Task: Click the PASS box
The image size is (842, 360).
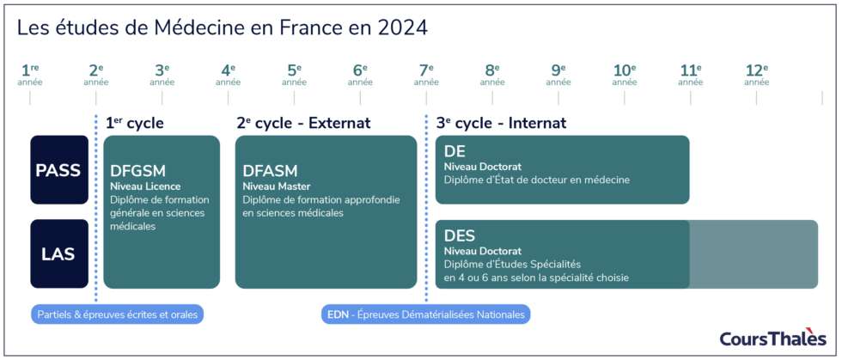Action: click(x=59, y=170)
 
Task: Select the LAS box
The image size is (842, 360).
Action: click(x=59, y=254)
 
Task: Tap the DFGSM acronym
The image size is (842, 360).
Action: click(x=138, y=171)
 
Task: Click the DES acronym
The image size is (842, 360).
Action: click(x=460, y=235)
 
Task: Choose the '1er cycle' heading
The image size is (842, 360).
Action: click(x=134, y=123)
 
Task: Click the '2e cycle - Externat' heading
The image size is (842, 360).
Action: click(x=303, y=123)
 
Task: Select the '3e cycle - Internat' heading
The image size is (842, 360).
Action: click(x=501, y=123)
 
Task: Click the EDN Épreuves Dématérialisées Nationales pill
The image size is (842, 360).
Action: click(x=426, y=314)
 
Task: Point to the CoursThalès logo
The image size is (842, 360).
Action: click(x=772, y=338)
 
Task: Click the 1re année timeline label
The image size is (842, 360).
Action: click(x=30, y=76)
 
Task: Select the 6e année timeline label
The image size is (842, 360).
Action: click(x=360, y=76)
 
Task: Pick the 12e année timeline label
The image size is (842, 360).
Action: click(x=756, y=76)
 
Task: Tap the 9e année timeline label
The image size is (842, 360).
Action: click(x=558, y=76)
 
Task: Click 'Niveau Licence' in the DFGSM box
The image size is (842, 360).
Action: click(x=145, y=186)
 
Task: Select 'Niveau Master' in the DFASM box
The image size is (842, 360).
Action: click(x=277, y=186)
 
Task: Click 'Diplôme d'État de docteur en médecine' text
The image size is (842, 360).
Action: click(x=537, y=180)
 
